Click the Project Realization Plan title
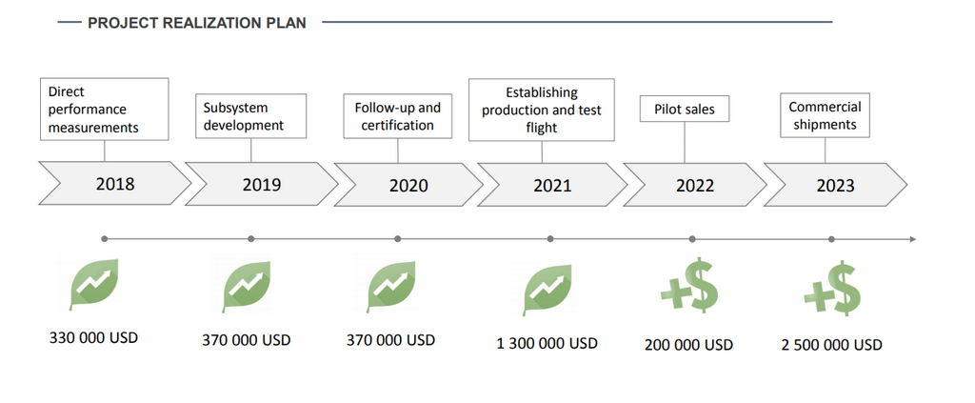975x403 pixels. click(x=196, y=22)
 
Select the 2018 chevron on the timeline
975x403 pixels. click(x=115, y=184)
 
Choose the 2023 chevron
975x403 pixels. click(x=835, y=185)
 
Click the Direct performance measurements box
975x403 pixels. click(x=105, y=110)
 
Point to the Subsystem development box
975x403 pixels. click(x=250, y=116)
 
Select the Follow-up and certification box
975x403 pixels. click(x=397, y=116)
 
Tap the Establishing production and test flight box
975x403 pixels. click(x=541, y=110)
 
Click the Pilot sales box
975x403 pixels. click(x=685, y=110)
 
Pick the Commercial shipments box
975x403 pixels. click(x=825, y=115)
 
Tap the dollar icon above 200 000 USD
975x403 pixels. click(x=688, y=286)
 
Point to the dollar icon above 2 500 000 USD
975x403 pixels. click(x=831, y=287)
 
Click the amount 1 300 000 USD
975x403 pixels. click(x=547, y=343)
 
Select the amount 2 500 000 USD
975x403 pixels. click(x=831, y=344)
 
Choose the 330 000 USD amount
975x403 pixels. click(x=93, y=337)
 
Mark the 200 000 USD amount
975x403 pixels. click(x=688, y=344)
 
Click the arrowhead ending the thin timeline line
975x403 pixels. click(x=911, y=238)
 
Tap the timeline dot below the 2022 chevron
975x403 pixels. click(x=692, y=238)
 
